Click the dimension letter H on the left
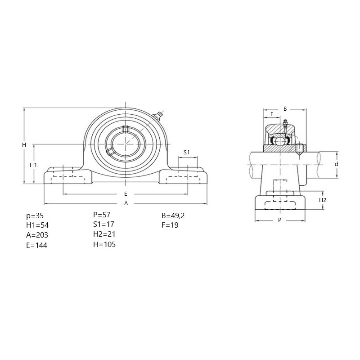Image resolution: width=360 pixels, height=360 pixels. [x=24, y=145]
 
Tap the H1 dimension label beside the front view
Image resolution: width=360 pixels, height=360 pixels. [x=33, y=165]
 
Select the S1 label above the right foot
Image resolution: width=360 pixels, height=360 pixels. [x=187, y=152]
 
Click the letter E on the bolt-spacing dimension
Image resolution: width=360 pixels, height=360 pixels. [x=126, y=194]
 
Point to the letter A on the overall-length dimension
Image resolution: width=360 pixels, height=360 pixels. [x=126, y=203]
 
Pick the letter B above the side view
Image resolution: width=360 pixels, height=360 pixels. [x=285, y=109]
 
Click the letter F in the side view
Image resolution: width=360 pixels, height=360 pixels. [x=272, y=114]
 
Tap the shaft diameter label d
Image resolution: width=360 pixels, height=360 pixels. [x=336, y=164]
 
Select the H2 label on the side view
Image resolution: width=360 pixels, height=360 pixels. [x=323, y=200]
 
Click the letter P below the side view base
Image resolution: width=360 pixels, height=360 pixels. [x=279, y=220]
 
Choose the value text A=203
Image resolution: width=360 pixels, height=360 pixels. [x=37, y=235]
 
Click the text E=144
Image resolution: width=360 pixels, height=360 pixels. [x=37, y=245]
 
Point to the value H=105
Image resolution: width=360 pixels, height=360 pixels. [x=104, y=244]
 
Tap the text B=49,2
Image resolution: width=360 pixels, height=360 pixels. [x=173, y=216]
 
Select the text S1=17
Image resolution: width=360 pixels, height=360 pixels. [x=103, y=224]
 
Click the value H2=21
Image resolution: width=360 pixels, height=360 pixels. [x=104, y=234]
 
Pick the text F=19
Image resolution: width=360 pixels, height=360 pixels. [x=170, y=225]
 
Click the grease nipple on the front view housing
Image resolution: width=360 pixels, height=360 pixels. [x=157, y=116]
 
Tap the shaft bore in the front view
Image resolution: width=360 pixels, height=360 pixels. [x=126, y=144]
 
